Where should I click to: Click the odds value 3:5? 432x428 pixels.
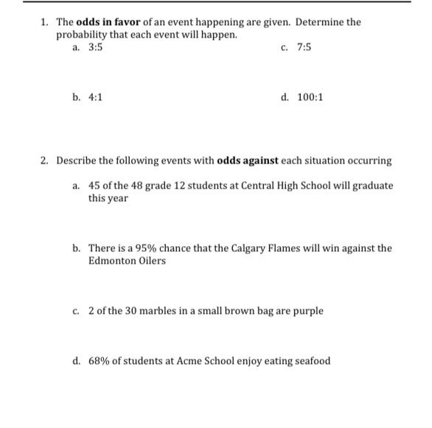click(x=96, y=47)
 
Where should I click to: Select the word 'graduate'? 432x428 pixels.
click(x=372, y=186)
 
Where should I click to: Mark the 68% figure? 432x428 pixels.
click(x=100, y=361)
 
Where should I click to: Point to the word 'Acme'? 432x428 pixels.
click(x=190, y=361)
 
